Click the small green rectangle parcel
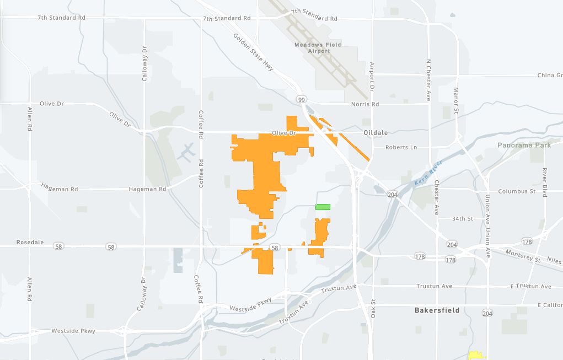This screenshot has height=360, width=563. [323, 207]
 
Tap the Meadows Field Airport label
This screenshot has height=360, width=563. [318, 48]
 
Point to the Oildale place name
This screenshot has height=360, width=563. [377, 133]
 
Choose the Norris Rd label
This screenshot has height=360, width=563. [365, 104]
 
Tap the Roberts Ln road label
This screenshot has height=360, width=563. [401, 148]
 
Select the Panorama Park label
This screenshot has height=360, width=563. [524, 146]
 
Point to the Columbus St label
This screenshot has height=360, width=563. [517, 191]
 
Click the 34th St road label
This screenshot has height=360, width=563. [462, 219]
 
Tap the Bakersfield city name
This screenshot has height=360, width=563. [437, 310]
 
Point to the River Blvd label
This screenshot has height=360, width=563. [544, 181]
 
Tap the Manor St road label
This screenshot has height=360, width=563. [456, 99]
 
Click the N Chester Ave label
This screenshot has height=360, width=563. [428, 80]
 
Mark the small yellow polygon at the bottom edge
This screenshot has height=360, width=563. [475, 356]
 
